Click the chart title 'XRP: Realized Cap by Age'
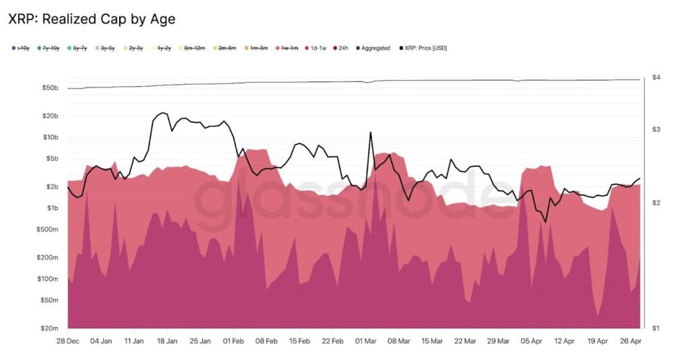92,19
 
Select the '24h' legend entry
342,48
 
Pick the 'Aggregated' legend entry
375,48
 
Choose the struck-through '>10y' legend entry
20,48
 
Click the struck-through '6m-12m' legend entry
195,48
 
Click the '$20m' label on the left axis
51,328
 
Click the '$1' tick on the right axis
655,328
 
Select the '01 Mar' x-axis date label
365,341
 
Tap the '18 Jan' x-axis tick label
167,341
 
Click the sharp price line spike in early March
370,133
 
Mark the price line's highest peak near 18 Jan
163,113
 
